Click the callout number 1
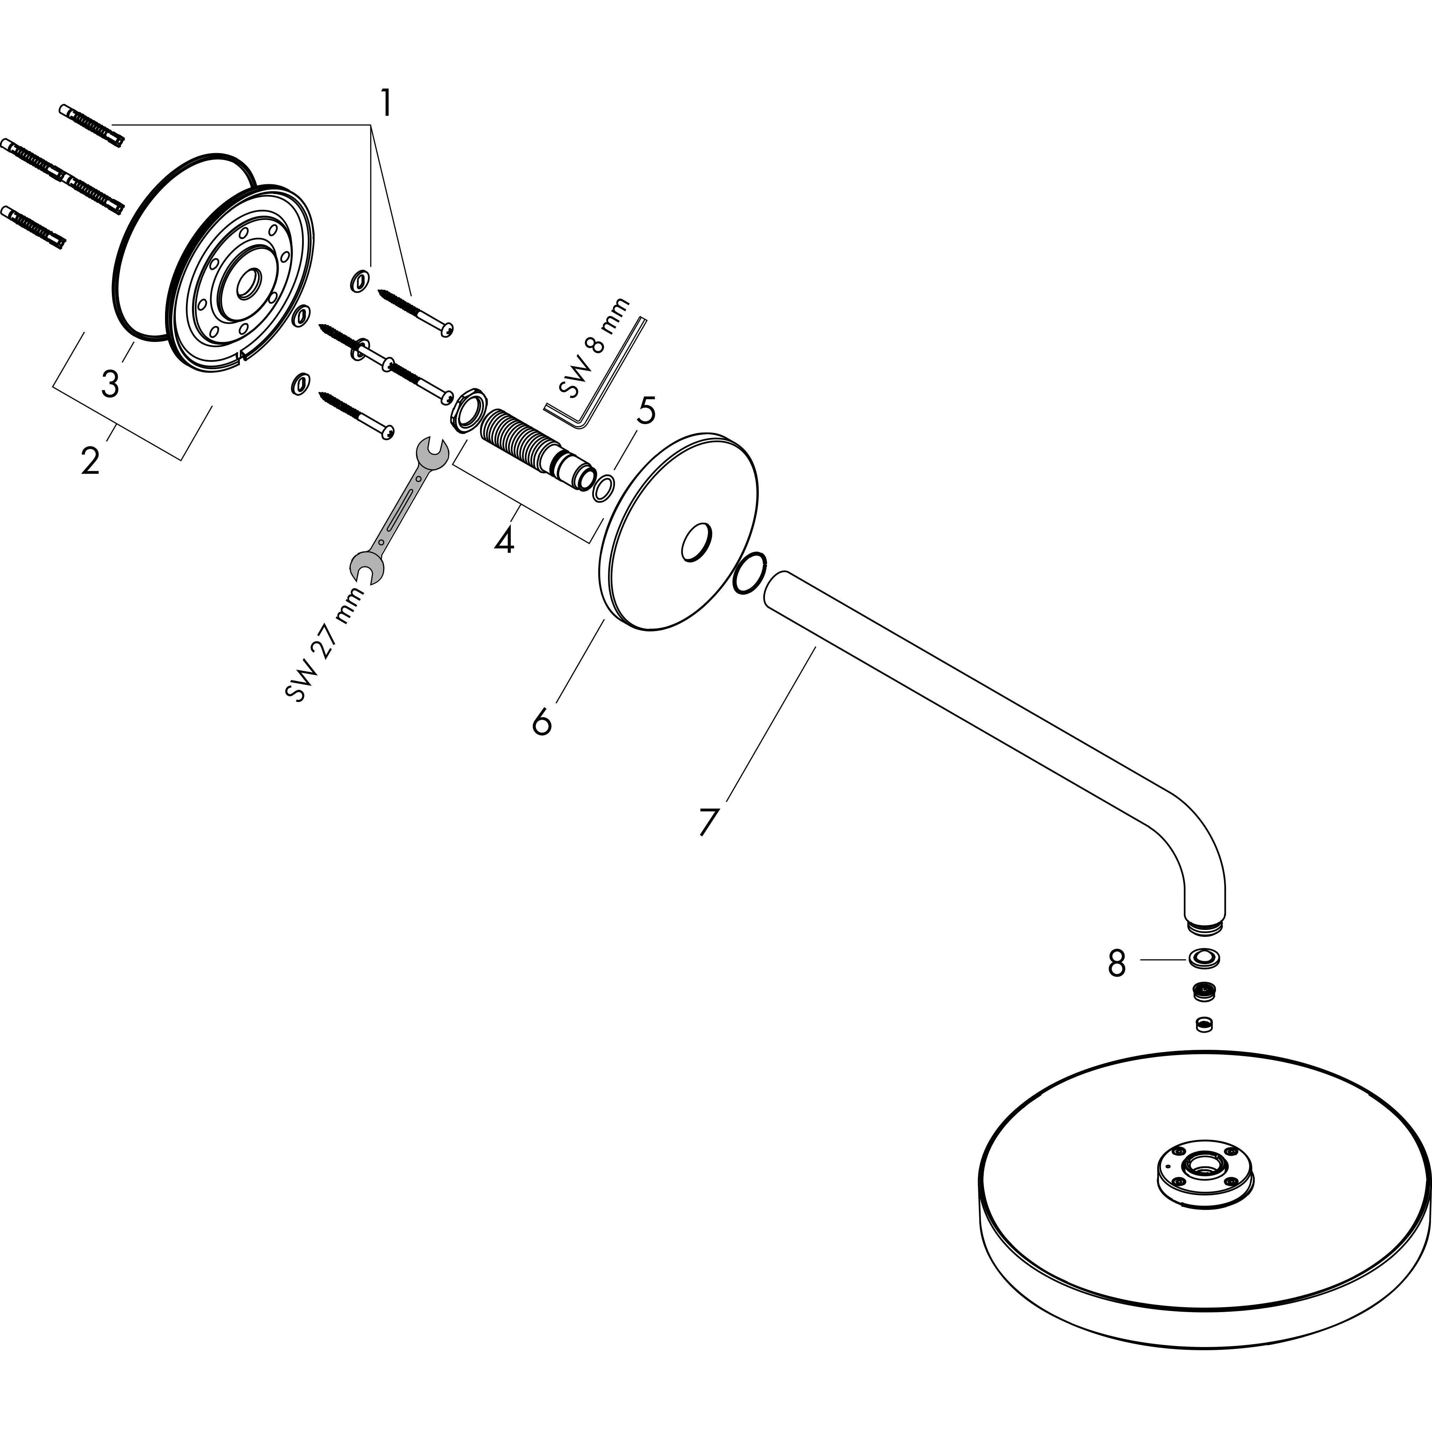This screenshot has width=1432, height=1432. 385,103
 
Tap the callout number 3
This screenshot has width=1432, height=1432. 110,384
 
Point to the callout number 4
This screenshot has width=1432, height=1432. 504,540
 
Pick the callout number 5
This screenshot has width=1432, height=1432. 646,411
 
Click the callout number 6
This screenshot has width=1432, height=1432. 542,721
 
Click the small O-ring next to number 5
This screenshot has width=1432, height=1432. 603,489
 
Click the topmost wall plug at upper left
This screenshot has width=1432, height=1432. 91,126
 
